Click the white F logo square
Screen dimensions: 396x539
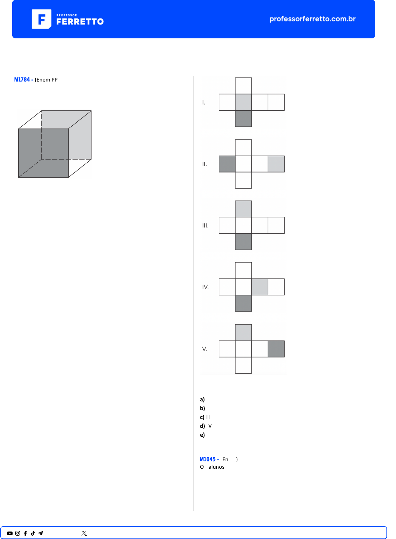pyautogui.click(x=41, y=19)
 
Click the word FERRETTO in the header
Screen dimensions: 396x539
pyautogui.click(x=80, y=22)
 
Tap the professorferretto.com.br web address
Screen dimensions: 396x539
pyautogui.click(x=312, y=19)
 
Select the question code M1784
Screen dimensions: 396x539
pyautogui.click(x=22, y=80)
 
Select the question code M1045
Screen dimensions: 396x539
pyautogui.click(x=208, y=459)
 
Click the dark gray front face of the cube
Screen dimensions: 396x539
pyautogui.click(x=43, y=153)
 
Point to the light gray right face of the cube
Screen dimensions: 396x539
pyautogui.click(x=80, y=135)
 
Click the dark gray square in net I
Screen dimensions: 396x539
pyautogui.click(x=243, y=119)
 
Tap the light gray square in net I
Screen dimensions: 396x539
pyautogui.click(x=243, y=102)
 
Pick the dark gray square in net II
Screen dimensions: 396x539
pyautogui.click(x=227, y=164)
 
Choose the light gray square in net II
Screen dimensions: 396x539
pyautogui.click(x=276, y=164)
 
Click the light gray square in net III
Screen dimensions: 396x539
pyautogui.click(x=243, y=209)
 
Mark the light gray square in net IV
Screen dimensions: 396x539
pyautogui.click(x=260, y=287)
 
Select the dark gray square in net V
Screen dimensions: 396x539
pyautogui.click(x=276, y=349)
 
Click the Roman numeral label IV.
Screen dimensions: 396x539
pyautogui.click(x=205, y=287)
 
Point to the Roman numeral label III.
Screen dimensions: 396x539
pyautogui.click(x=205, y=226)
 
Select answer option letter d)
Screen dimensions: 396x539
pyautogui.click(x=202, y=426)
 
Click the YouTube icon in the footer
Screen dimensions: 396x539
pyautogui.click(x=10, y=533)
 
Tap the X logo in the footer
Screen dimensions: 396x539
pyautogui.click(x=84, y=533)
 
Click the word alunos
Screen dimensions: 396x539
pyautogui.click(x=216, y=467)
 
